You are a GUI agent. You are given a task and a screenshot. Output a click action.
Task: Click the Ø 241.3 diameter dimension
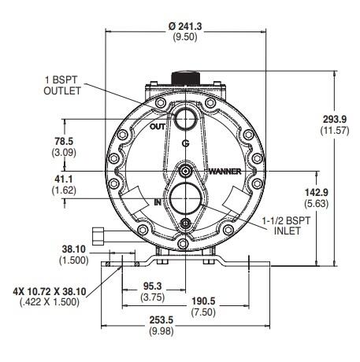pos(185,27)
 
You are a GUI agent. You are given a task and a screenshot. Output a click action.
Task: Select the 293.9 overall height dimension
pos(335,120)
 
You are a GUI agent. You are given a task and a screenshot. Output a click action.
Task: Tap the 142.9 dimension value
pos(317,193)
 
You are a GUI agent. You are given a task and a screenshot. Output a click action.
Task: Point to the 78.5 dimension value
pos(64,142)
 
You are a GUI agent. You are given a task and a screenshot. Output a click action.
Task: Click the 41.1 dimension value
pos(64,179)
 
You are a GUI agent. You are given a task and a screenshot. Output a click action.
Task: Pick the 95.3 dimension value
pos(153,286)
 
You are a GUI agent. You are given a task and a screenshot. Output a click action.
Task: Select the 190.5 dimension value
pos(203,301)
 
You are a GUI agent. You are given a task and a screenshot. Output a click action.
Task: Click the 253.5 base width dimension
pos(161,320)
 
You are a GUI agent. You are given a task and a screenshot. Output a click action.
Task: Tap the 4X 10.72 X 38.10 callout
pos(50,291)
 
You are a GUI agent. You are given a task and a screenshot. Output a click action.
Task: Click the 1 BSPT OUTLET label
pos(62,85)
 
